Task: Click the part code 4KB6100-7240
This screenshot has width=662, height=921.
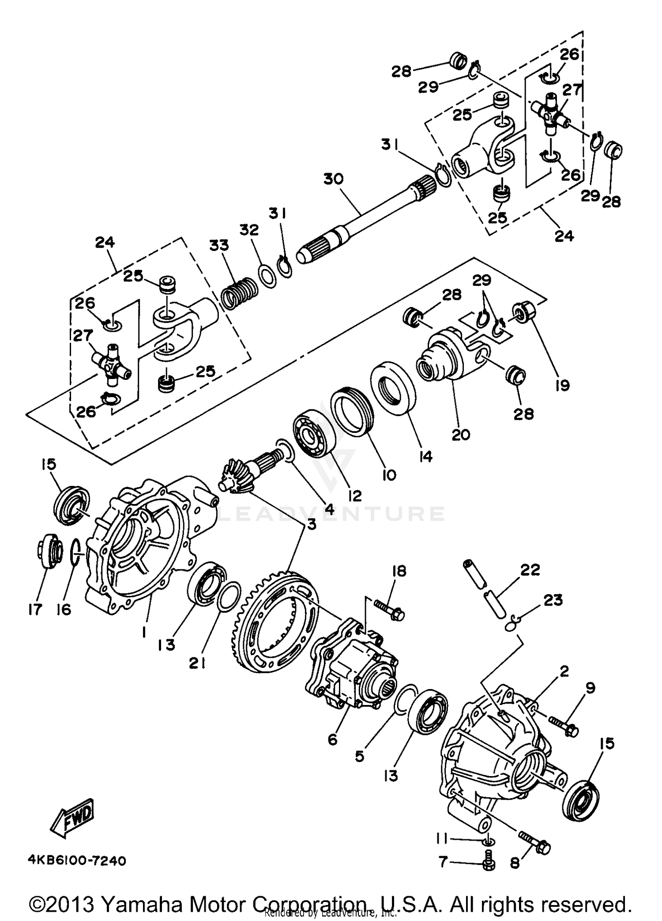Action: (77, 860)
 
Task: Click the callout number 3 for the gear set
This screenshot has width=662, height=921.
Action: (312, 524)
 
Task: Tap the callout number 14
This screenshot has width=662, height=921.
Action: (426, 456)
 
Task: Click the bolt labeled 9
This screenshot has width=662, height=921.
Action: (564, 725)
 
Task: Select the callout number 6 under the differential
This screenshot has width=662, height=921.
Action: (332, 739)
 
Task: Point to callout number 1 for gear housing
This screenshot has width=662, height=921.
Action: (143, 633)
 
